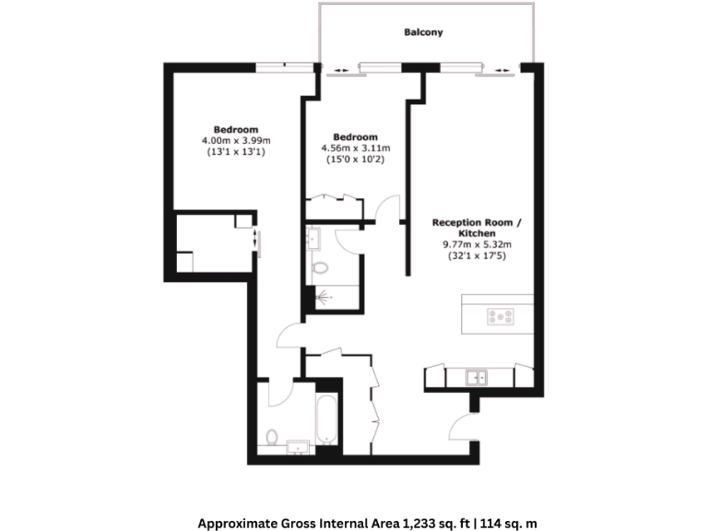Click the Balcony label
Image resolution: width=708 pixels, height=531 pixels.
tap(423, 32)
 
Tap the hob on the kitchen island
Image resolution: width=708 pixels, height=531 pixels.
tap(501, 316)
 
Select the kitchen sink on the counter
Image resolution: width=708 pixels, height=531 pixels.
tap(477, 376)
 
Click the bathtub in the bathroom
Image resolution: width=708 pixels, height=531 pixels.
tap(325, 420)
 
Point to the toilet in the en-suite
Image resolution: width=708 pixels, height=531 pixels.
tap(320, 269)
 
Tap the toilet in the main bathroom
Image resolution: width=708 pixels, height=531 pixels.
tap(273, 435)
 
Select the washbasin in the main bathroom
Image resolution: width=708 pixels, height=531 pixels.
tap(298, 449)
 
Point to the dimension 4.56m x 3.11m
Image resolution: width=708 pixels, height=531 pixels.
tap(355, 147)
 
